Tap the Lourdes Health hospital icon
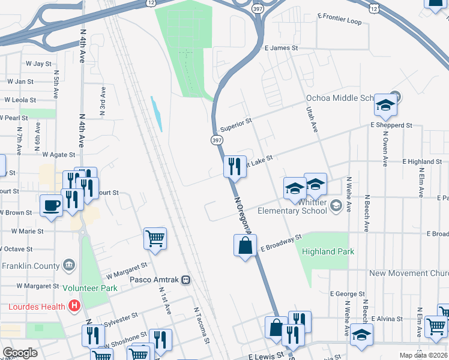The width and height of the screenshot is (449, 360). click(74, 307)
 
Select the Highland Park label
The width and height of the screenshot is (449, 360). click(328, 252)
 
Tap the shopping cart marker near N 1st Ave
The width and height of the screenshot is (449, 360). click(155, 239)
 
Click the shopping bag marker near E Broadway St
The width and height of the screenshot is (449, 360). click(245, 245)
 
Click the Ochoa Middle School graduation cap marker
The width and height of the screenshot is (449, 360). click(385, 106)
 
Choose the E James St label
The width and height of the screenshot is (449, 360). click(281, 47)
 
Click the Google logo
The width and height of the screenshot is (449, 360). click(20, 353)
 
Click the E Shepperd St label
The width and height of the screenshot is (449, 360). click(391, 125)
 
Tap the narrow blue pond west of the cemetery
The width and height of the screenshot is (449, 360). click(157, 114)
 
